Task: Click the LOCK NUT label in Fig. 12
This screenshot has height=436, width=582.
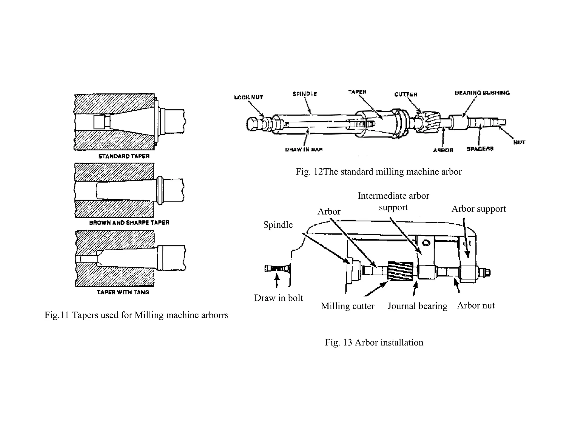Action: pyautogui.click(x=248, y=97)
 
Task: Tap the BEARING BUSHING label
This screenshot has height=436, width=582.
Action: pyautogui.click(x=482, y=93)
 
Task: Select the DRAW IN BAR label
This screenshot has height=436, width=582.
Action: pyautogui.click(x=304, y=150)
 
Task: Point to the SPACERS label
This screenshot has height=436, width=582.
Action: pyautogui.click(x=480, y=149)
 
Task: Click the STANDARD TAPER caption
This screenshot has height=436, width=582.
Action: pyautogui.click(x=124, y=156)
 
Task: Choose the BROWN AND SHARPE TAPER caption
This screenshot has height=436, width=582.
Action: pyautogui.click(x=129, y=223)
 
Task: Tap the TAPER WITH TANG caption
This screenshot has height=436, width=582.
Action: pyautogui.click(x=123, y=292)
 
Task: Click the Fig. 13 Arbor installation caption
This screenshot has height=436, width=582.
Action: pyautogui.click(x=374, y=342)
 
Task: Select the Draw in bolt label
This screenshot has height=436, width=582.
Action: pyautogui.click(x=278, y=298)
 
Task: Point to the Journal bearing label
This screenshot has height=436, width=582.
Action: pyautogui.click(x=417, y=306)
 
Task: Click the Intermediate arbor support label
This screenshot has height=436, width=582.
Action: pyautogui.click(x=393, y=201)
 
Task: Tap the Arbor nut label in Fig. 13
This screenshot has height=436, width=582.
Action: pyautogui.click(x=476, y=305)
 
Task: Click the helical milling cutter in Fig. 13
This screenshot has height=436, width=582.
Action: pyautogui.click(x=400, y=271)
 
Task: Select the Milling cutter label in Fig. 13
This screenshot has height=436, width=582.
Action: pyautogui.click(x=347, y=306)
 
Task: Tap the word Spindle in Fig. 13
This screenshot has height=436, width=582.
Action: pyautogui.click(x=278, y=225)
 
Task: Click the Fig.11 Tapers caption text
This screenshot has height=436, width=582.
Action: pyautogui.click(x=136, y=315)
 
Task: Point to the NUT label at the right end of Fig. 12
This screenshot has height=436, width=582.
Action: pyautogui.click(x=519, y=142)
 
